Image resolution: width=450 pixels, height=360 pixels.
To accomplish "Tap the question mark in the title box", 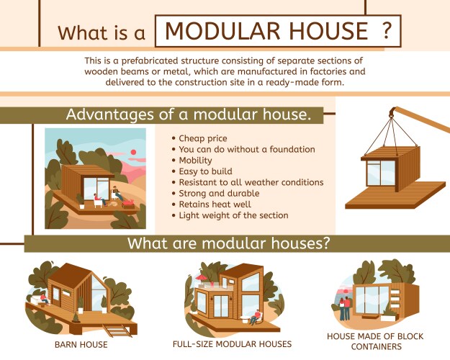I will [x=387, y=32].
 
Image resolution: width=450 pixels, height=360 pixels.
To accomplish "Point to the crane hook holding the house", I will [x=392, y=112].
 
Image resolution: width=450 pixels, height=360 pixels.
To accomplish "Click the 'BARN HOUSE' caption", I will [x=81, y=344].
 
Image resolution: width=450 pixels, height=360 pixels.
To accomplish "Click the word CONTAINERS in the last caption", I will [x=374, y=346].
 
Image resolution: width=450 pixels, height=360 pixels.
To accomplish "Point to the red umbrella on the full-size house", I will [x=201, y=277].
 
